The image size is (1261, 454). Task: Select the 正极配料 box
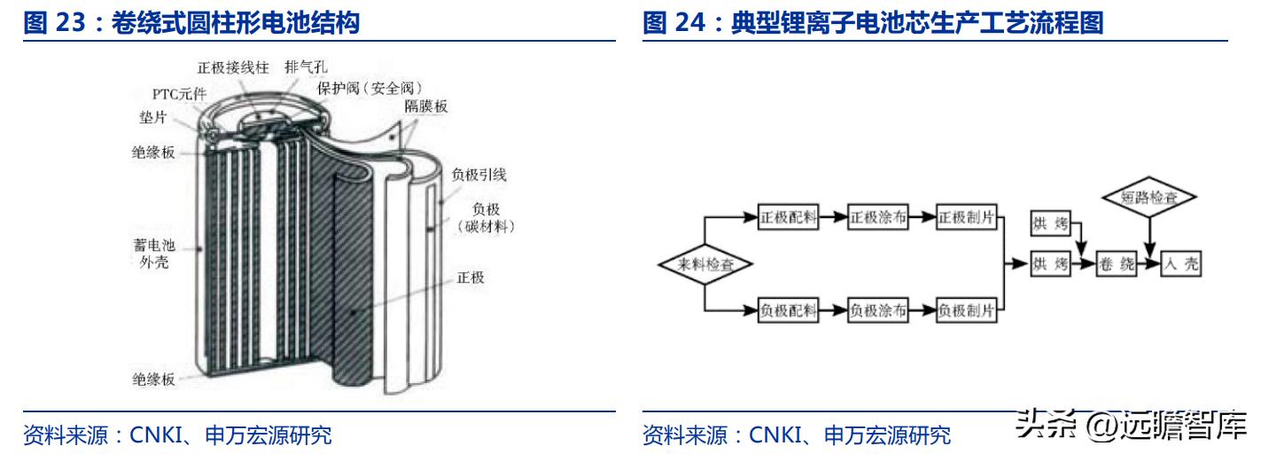(x=788, y=216)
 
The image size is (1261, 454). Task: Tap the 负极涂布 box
(x=877, y=310)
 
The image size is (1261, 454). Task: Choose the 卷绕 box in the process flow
(x=1116, y=264)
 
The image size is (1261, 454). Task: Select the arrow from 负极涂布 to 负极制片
(x=922, y=310)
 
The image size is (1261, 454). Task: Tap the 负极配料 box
(x=788, y=310)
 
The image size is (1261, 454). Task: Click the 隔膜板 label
(x=425, y=106)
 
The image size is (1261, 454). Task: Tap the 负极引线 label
(x=479, y=175)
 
